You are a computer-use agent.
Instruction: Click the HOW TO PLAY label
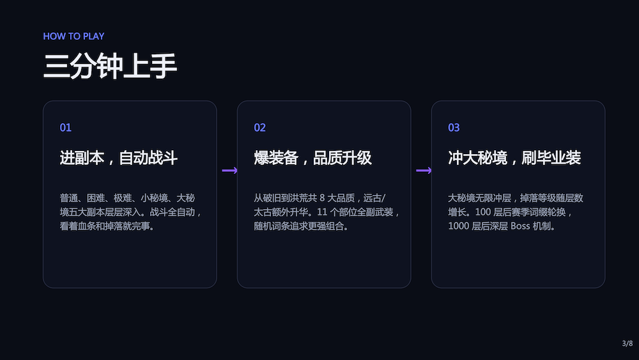pos(73,36)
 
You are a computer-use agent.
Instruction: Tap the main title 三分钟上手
pos(110,66)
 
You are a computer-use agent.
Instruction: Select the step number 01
pos(66,128)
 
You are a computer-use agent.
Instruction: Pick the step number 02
pos(259,128)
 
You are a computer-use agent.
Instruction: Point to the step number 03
pos(454,128)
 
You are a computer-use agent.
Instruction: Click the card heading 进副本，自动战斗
pos(119,158)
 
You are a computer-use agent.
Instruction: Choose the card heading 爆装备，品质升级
pos(312,158)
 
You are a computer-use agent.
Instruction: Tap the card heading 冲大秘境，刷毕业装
pos(514,158)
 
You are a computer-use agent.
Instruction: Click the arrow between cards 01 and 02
pos(229,170)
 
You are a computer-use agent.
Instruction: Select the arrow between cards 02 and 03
pos(424,170)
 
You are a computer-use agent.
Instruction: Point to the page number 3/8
pos(627,343)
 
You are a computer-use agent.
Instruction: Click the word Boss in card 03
pos(520,226)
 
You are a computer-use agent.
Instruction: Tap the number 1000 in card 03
pos(458,226)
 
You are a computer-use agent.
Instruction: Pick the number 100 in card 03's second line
pos(483,212)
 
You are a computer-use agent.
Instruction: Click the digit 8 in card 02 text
pos(322,198)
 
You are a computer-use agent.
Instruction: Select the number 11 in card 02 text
pos(322,212)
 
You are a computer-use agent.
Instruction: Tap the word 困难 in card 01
pos(96,198)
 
